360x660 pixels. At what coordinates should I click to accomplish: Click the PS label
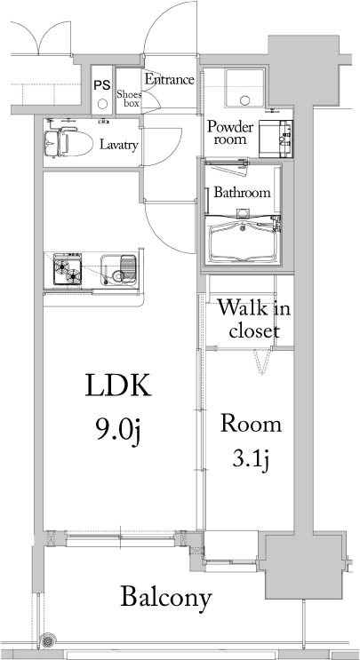point(102,85)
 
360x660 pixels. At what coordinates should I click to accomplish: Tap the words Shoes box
point(129,99)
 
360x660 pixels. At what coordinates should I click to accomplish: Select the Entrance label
point(170,80)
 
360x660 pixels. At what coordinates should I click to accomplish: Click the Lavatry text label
point(118,145)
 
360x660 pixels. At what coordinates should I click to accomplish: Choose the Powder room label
point(231,132)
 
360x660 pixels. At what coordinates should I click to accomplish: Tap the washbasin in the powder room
point(276,139)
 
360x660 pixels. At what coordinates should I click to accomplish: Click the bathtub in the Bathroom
point(243,242)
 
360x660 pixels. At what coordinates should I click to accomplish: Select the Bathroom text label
point(242,193)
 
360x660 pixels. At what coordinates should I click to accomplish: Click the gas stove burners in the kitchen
point(67,269)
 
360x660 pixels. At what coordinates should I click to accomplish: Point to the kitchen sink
point(118,270)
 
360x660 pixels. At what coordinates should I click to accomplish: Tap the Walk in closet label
point(254,320)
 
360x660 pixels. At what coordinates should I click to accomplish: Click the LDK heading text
point(117,386)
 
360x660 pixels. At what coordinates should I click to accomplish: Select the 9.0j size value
point(117,431)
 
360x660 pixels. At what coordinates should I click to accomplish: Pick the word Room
point(251,424)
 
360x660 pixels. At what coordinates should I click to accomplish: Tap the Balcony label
point(166,598)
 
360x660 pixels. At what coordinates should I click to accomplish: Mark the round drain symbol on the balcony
point(45,641)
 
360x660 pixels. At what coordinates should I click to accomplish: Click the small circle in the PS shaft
point(101,104)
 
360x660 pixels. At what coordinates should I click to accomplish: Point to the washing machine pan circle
point(244,100)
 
